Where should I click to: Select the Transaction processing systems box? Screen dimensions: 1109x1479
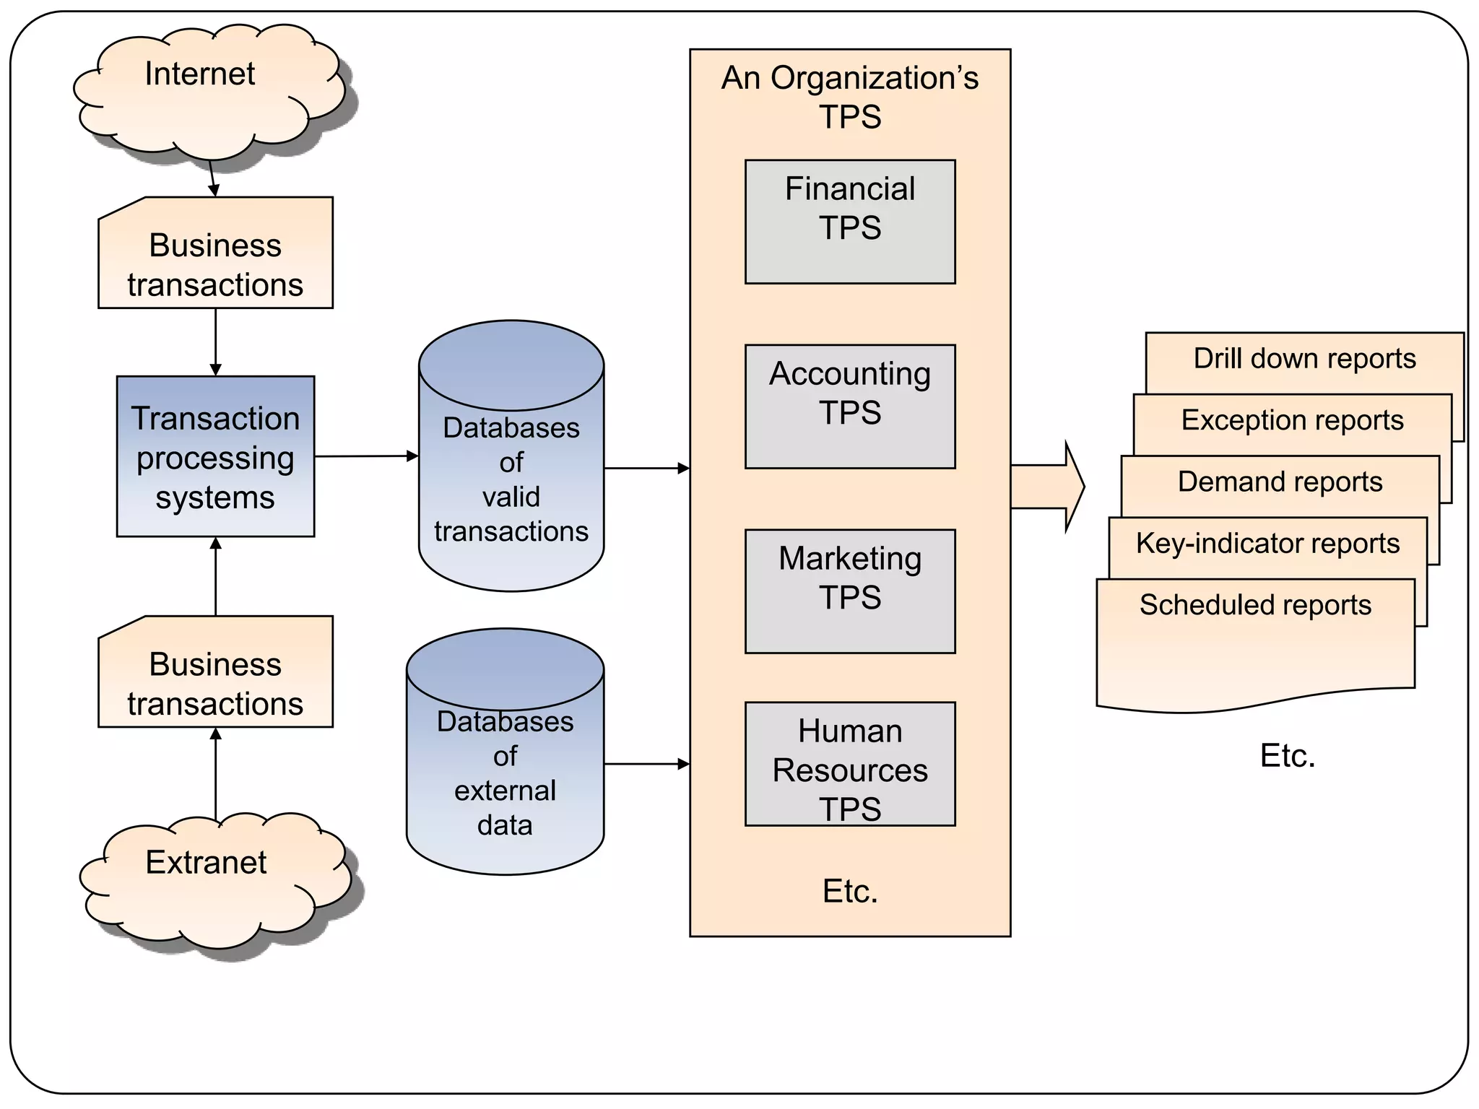[215, 456]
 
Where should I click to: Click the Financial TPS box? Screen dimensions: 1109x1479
[850, 222]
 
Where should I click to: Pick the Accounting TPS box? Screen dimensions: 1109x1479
[850, 406]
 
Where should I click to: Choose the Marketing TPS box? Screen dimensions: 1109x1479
[850, 591]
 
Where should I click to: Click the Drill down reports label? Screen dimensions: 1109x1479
[1304, 359]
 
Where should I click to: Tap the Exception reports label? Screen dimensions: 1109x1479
[1292, 420]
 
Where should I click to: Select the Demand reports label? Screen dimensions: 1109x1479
[1280, 482]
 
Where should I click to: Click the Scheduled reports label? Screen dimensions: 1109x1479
[1255, 605]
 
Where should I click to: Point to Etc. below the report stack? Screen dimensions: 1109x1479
[1288, 756]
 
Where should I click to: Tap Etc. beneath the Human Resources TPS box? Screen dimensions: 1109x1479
[850, 892]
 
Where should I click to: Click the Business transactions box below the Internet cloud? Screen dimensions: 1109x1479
[215, 264]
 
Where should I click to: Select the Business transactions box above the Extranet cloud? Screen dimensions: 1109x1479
[215, 682]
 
